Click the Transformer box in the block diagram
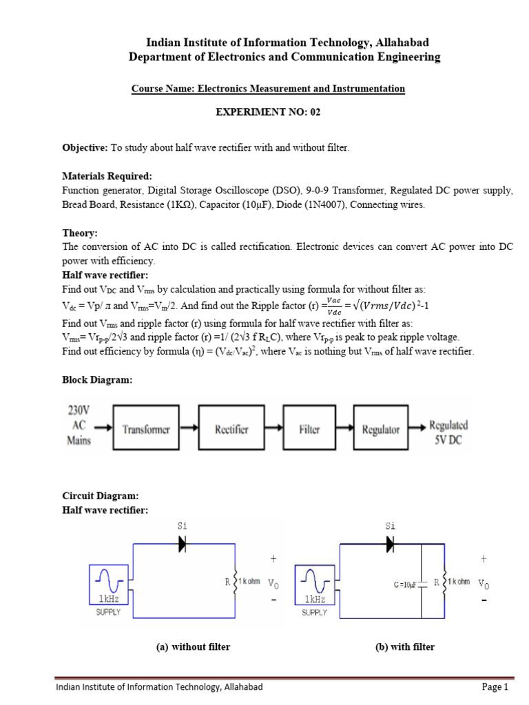[x=146, y=430]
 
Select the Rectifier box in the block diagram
[x=232, y=430]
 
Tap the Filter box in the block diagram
[x=309, y=430]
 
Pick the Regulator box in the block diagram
[x=381, y=430]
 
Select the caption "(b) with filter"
[x=404, y=646]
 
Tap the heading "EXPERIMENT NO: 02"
[x=268, y=112]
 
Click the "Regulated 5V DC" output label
[x=448, y=432]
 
